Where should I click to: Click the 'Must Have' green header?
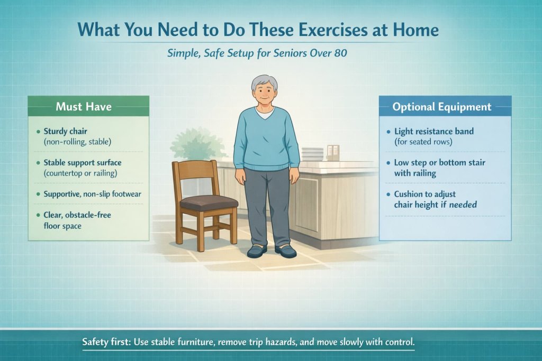point(84,107)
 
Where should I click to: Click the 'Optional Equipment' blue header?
point(442,107)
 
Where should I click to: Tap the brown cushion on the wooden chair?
point(204,201)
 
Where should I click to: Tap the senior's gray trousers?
point(268,206)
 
